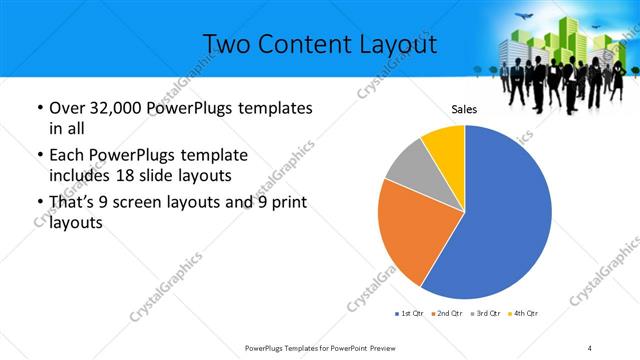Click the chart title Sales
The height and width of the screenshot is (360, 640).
point(464,109)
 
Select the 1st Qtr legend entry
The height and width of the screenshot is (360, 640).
point(409,314)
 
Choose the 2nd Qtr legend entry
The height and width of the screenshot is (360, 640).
point(448,314)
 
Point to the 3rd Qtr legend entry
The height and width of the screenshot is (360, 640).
point(487,314)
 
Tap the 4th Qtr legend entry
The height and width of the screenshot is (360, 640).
point(525,314)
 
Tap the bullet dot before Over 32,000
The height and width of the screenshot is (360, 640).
point(38,108)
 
